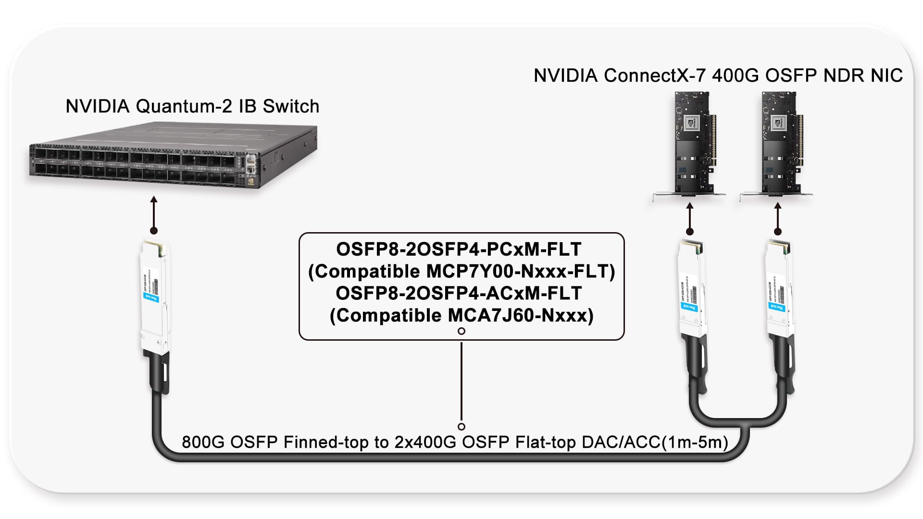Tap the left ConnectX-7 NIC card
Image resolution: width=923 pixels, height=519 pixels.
pyautogui.click(x=692, y=144)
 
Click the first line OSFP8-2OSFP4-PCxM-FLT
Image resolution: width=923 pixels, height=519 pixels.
pyautogui.click(x=459, y=249)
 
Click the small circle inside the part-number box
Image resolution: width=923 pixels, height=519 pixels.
pyautogui.click(x=461, y=331)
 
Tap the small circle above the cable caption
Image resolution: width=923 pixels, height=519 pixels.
pyautogui.click(x=461, y=427)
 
